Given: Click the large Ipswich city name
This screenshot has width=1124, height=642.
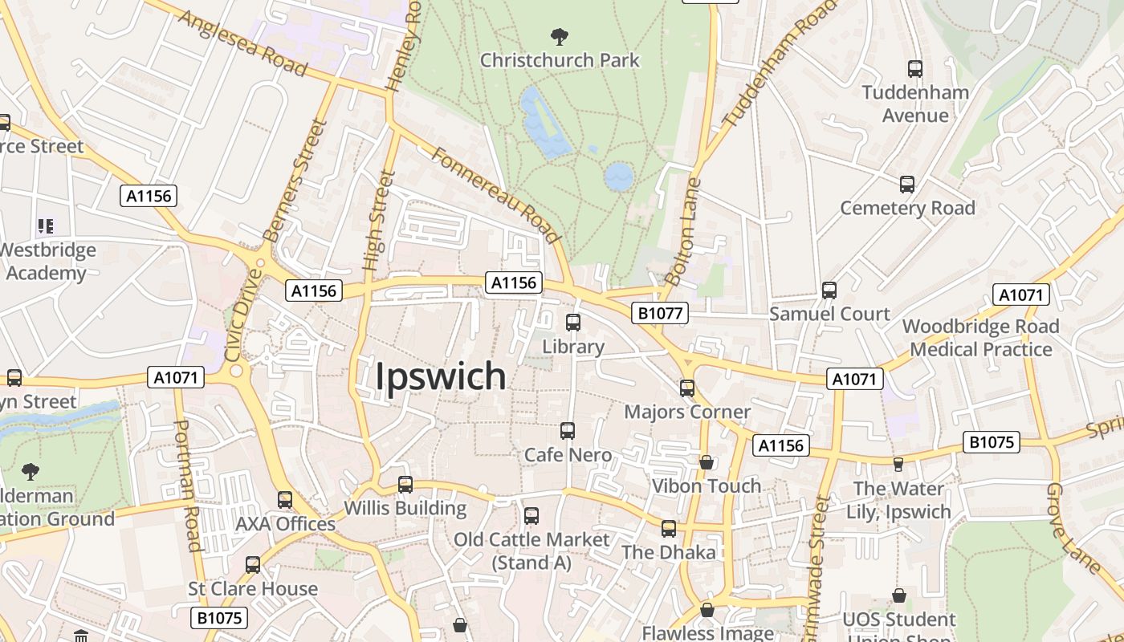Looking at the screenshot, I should [x=441, y=376].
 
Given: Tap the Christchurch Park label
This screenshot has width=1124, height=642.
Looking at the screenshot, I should [x=560, y=60].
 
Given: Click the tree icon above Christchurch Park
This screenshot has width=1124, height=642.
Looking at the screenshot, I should [x=560, y=36].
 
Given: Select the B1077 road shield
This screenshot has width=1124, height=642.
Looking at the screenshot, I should [x=660, y=313].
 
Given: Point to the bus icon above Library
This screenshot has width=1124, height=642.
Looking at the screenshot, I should [x=573, y=323].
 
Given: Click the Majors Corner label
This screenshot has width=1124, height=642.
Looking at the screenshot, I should [x=687, y=412].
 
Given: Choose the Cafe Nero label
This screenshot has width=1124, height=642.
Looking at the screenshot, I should [x=568, y=455].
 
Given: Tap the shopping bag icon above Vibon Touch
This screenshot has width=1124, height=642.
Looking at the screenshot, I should [x=707, y=462].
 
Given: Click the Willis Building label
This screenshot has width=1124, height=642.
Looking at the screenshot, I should [x=405, y=508].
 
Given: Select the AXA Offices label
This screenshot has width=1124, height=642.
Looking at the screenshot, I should [x=285, y=524].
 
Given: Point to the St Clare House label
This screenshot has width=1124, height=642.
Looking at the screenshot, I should [x=253, y=588].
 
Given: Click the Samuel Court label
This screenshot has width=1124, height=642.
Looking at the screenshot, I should [x=829, y=314].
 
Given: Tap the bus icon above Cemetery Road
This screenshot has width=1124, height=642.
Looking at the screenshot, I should [x=907, y=185].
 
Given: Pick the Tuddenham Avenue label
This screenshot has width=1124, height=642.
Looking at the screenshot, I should [x=915, y=104].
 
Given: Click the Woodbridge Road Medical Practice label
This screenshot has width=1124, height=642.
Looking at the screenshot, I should [x=980, y=338].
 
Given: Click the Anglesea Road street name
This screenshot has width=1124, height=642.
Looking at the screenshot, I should [x=242, y=43].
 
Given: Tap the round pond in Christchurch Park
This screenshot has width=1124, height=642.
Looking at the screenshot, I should [x=619, y=177].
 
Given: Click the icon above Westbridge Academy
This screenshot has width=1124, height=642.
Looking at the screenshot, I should [x=46, y=226].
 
